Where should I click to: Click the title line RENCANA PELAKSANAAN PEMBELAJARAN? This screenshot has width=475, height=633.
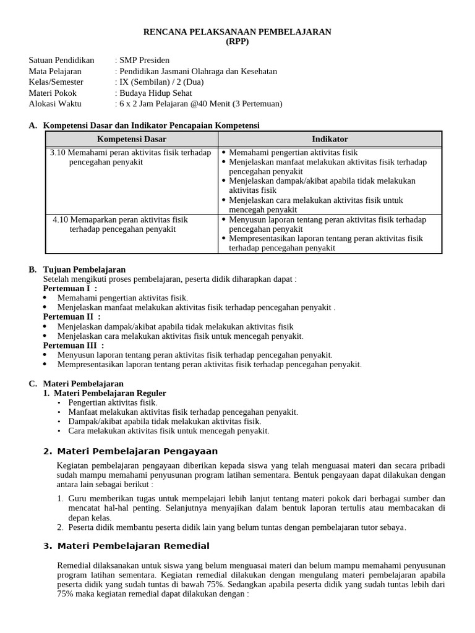[237, 31]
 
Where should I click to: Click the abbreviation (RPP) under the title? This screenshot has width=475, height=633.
[237, 41]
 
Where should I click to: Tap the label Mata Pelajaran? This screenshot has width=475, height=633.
[55, 71]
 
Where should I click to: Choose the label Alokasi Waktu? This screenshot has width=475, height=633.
[55, 103]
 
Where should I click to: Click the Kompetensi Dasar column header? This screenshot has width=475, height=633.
[132, 139]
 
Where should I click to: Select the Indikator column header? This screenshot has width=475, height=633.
[330, 139]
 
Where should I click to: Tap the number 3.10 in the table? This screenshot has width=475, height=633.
[58, 153]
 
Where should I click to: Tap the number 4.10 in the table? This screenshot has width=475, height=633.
[60, 219]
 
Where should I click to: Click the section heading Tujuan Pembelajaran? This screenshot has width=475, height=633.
[84, 270]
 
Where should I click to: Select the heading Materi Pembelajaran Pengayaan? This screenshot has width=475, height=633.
[137, 451]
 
